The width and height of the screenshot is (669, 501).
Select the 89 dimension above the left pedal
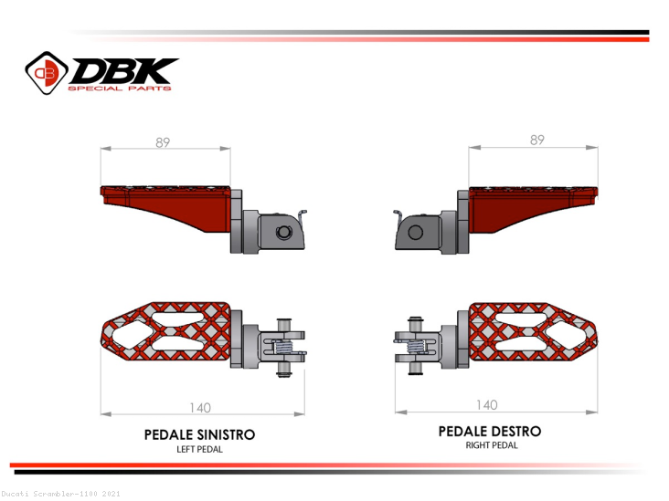(x=164, y=143)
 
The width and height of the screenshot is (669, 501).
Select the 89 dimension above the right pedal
(x=536, y=141)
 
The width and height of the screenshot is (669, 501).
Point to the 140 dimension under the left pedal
(x=200, y=407)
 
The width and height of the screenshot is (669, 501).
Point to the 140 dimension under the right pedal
(x=486, y=404)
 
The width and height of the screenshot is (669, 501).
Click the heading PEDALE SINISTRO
(x=199, y=434)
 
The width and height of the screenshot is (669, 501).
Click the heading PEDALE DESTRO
(x=489, y=431)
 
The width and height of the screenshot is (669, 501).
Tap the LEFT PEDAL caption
(x=199, y=449)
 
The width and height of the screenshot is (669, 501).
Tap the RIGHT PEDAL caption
(x=491, y=445)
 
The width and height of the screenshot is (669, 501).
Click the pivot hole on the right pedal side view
(x=416, y=232)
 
